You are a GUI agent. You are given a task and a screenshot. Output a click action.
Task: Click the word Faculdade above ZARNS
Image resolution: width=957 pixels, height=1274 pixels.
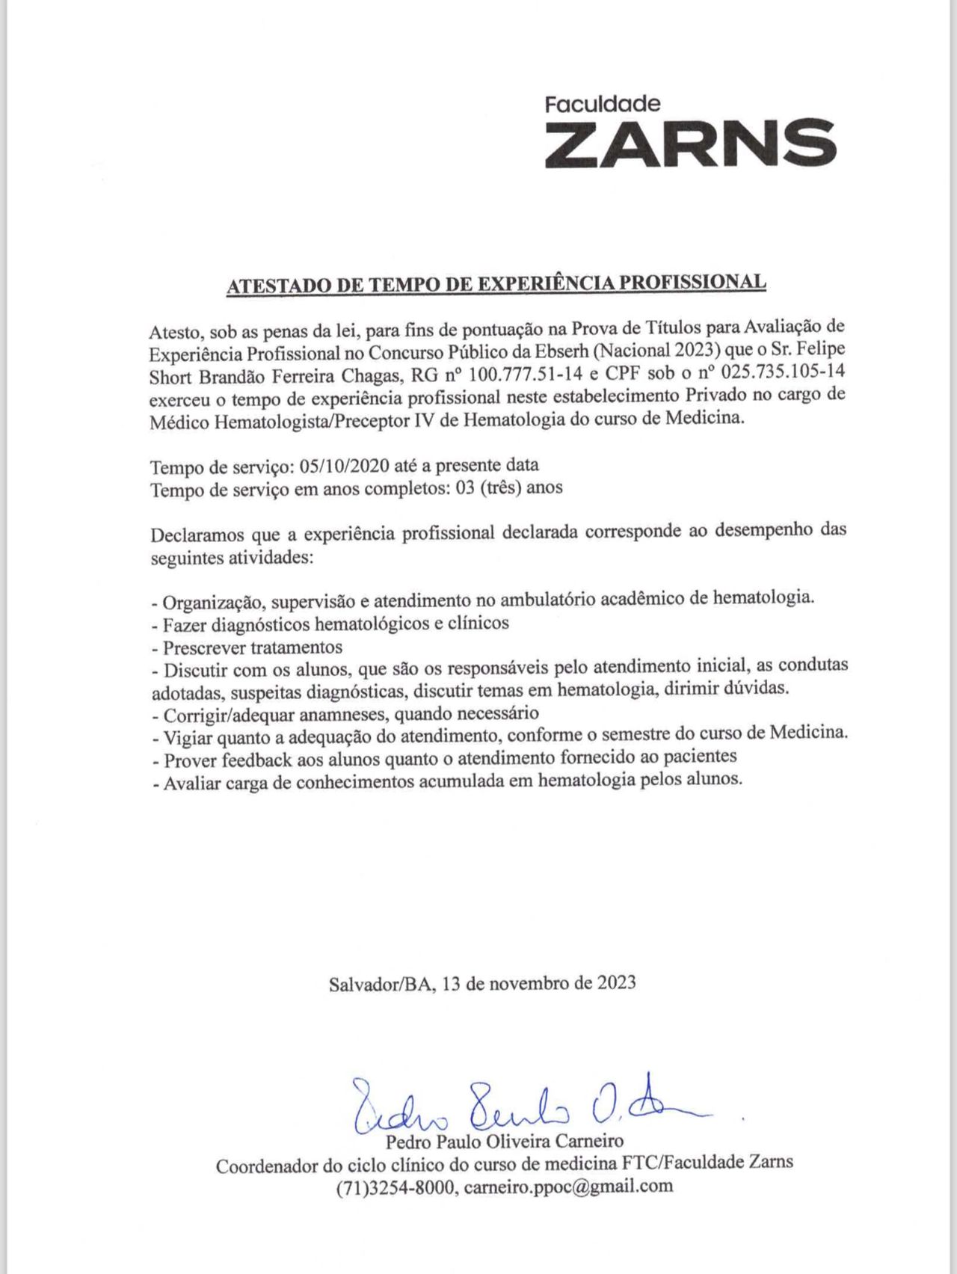tap(603, 104)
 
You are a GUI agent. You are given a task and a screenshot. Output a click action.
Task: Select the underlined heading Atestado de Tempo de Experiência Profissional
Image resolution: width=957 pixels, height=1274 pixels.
tap(496, 283)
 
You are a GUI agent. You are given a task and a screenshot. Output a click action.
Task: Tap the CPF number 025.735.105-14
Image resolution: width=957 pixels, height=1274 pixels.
tap(783, 372)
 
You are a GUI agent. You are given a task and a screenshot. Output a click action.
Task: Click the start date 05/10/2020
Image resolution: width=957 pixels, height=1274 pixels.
tap(344, 466)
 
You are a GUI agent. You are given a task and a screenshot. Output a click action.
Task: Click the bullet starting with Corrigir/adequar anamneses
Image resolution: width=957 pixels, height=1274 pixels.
tap(345, 713)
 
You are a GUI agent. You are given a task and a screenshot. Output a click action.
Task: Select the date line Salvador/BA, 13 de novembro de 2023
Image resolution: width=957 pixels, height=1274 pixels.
tap(482, 982)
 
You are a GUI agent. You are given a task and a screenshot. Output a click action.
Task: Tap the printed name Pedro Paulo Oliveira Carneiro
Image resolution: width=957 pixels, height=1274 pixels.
tap(505, 1141)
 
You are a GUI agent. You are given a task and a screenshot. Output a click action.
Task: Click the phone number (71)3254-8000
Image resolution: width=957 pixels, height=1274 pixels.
tap(396, 1187)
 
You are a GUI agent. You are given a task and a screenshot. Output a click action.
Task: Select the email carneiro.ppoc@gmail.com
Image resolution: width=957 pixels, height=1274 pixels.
tap(568, 1187)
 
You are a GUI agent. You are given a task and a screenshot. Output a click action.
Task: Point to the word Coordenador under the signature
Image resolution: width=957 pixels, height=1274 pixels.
tap(262, 1164)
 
